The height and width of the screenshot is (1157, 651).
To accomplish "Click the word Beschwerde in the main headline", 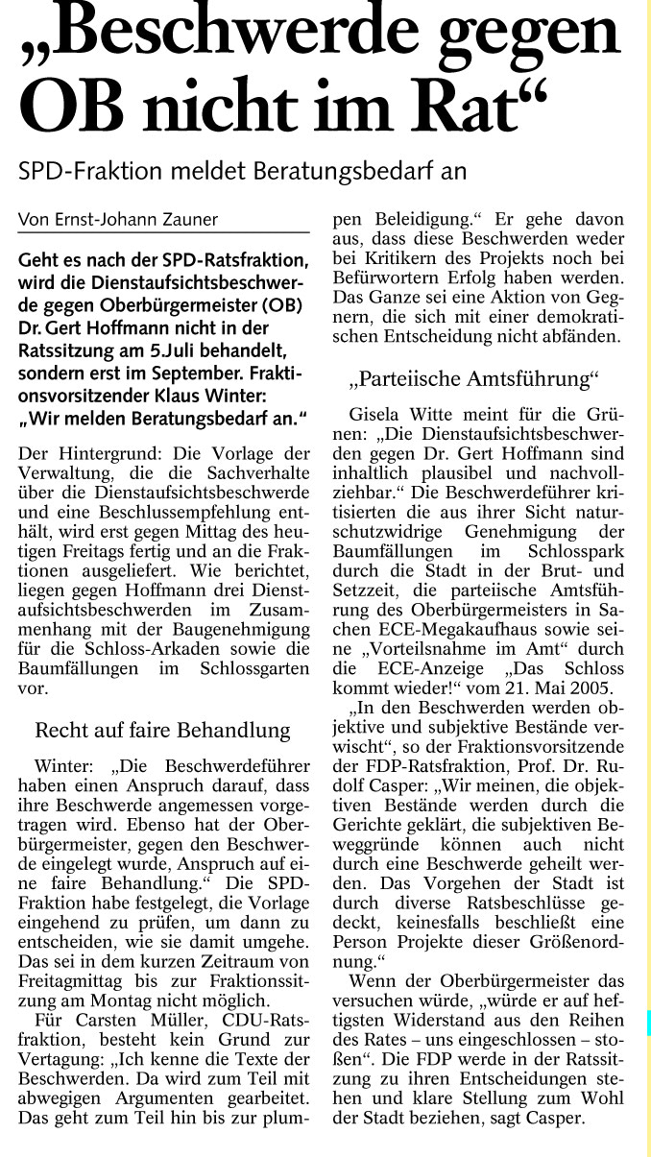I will pos(250,34).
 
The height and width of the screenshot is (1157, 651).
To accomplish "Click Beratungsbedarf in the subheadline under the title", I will pos(346,171).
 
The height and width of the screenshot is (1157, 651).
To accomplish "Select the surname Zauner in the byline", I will pos(183,220).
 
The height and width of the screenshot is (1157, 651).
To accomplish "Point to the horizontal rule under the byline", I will pos(163,232).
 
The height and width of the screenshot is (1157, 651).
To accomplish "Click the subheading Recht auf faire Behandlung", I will pos(162,731).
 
